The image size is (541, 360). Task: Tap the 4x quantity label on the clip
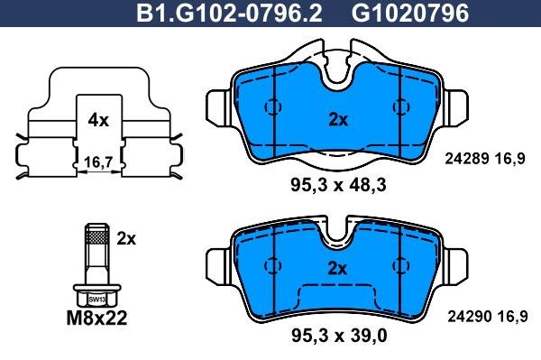98,119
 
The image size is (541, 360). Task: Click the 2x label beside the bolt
126,239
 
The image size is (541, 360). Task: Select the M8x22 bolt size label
97,317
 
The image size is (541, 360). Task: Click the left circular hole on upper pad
270,106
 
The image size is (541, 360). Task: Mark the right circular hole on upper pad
399,106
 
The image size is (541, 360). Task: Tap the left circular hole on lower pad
270,265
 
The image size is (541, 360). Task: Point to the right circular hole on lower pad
399,265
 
